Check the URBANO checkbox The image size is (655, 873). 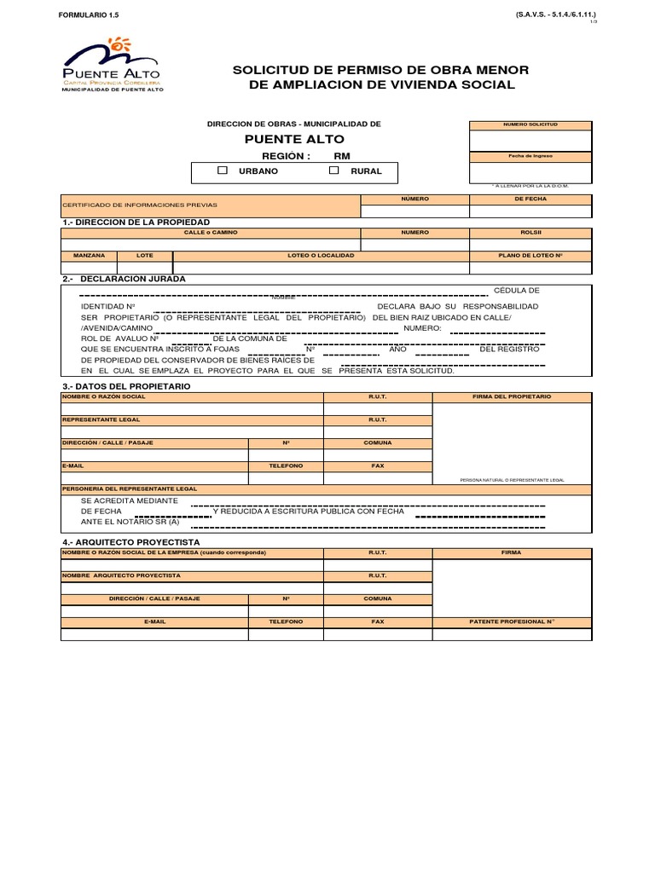point(223,171)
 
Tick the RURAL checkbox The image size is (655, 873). point(334,171)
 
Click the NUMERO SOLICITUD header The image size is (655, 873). point(530,124)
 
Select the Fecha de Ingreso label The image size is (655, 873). point(530,157)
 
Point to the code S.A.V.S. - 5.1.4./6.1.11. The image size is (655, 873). point(555,15)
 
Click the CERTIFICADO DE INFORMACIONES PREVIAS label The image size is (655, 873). point(140,205)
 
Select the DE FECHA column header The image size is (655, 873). point(530,199)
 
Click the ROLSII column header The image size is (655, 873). point(530,232)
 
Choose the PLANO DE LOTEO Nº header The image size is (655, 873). point(530,255)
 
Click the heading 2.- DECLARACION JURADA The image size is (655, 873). point(124,279)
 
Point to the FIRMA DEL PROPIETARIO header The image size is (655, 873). point(512,396)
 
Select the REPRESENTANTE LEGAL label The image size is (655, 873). point(101,419)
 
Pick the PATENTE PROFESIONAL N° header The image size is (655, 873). point(512,622)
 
